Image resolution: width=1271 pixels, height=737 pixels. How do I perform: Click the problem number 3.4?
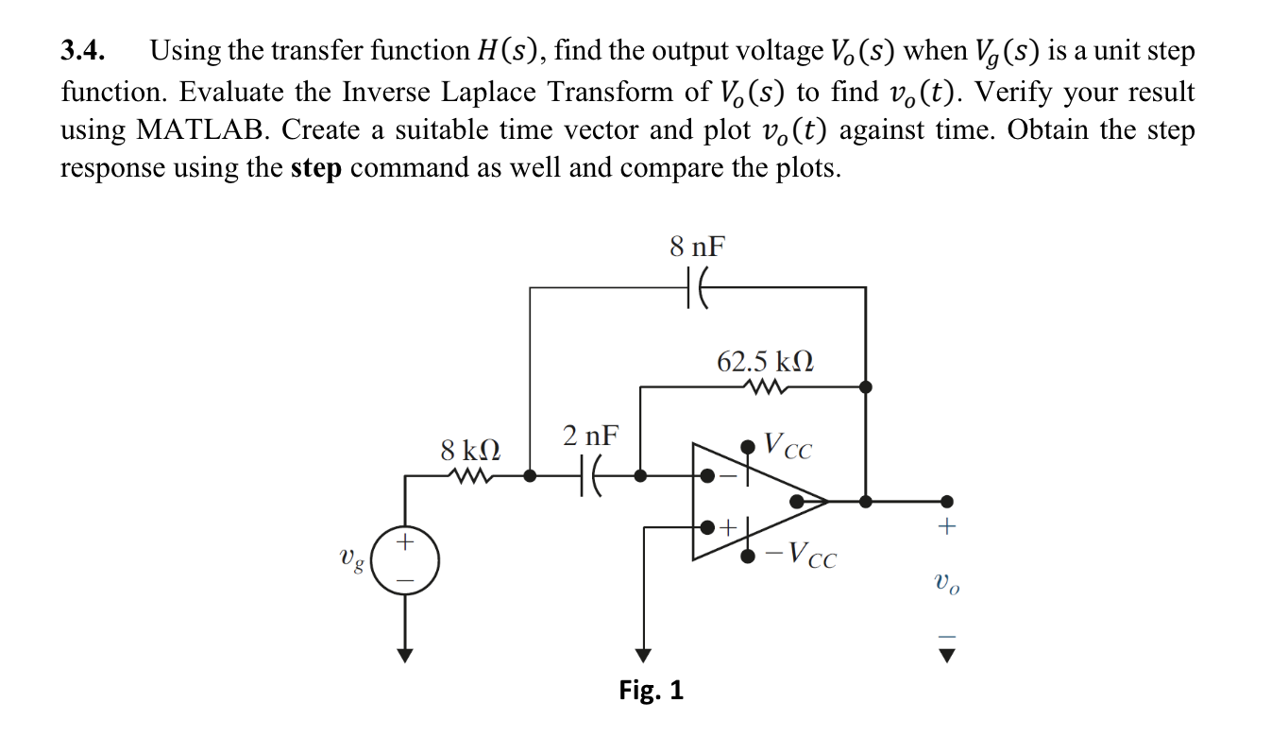83,52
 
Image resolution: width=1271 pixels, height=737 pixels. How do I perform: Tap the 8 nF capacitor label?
698,248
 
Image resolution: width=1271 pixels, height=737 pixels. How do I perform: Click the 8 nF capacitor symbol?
698,287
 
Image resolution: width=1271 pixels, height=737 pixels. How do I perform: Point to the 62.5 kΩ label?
766,362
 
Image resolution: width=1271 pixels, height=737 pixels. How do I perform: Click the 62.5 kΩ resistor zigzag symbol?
766,386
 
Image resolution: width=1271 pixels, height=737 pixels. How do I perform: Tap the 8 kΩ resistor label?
470,449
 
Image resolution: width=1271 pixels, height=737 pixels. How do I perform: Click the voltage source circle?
405,560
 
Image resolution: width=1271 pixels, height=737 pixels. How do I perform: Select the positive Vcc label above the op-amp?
788,445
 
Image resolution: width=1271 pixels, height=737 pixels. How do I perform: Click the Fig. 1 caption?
651,691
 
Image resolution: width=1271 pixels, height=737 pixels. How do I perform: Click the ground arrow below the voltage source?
405,653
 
